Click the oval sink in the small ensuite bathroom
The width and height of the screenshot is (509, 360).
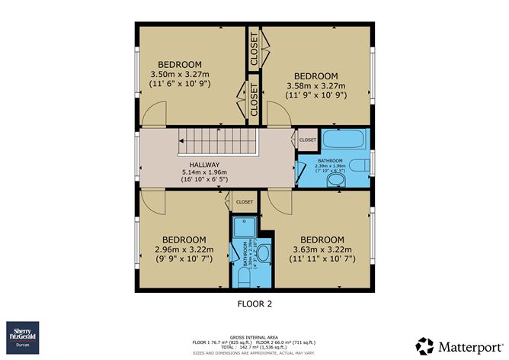(264, 253)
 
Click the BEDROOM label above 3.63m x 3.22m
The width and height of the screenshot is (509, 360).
(322, 239)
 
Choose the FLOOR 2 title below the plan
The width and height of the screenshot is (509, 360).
(254, 303)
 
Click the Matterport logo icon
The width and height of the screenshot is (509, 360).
(424, 345)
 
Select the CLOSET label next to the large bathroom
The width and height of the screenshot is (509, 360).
(308, 140)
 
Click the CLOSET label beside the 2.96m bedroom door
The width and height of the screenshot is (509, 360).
(244, 201)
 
